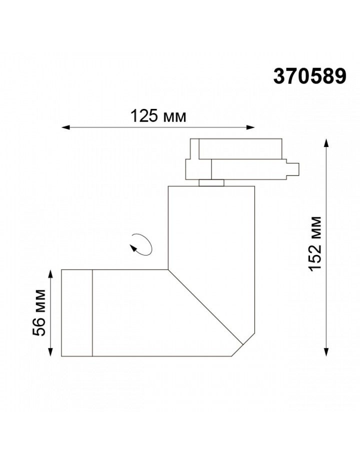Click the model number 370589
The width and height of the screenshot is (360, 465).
click(309, 76)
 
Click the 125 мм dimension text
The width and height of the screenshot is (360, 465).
click(158, 116)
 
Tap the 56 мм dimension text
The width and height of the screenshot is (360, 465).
click(39, 312)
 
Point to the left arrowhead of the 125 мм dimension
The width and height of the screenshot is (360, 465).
click(65, 127)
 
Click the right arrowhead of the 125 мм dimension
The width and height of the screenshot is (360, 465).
click(251, 127)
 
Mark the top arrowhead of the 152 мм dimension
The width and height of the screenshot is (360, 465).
click(326, 142)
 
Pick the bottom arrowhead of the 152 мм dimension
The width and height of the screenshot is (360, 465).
click(326, 352)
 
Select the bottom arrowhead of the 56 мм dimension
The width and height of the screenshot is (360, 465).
click(50, 352)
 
